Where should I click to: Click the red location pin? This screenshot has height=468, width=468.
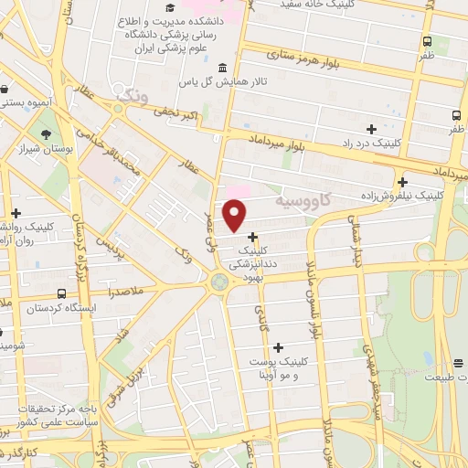[x=235, y=215]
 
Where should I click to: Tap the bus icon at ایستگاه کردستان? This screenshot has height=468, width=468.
[x=61, y=293]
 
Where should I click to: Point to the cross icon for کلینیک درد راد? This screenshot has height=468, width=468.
[x=370, y=129]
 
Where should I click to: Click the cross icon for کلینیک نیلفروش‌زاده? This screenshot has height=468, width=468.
[x=402, y=182]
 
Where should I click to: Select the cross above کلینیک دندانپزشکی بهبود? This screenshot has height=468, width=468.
[x=252, y=236]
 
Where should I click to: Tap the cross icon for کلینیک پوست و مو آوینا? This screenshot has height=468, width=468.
[x=279, y=347]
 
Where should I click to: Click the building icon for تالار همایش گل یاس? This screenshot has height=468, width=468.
[x=224, y=69]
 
